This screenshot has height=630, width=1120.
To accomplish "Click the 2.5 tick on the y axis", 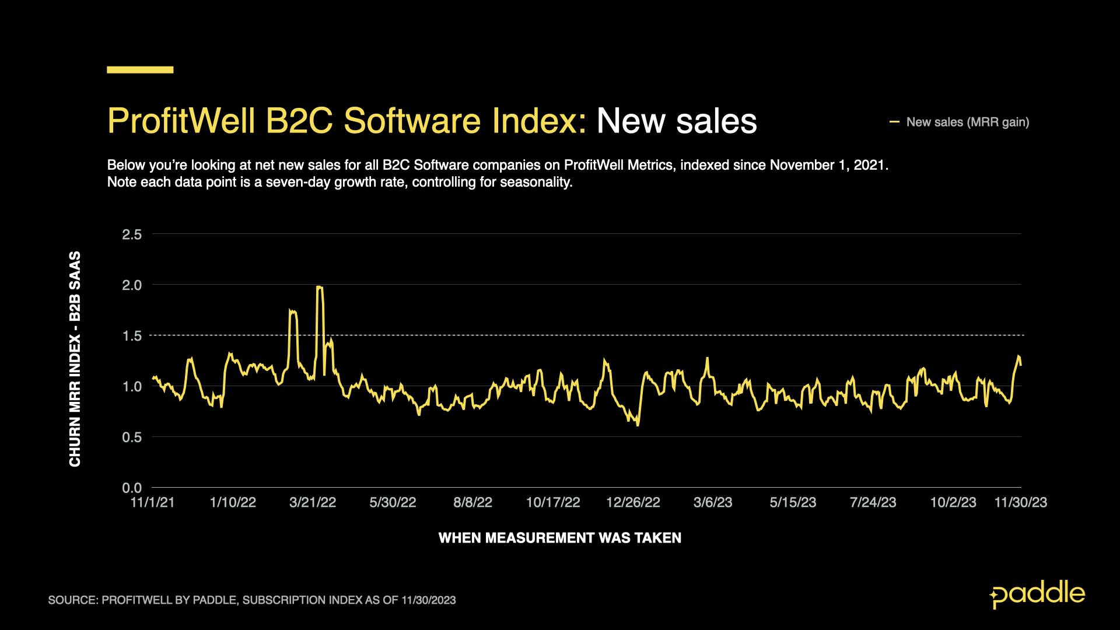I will pos(132,235).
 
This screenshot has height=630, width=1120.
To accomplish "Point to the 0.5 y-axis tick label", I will pos(132,437).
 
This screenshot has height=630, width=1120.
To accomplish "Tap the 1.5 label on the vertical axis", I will pos(132,336).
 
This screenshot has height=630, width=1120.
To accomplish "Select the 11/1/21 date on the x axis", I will pos(152,503).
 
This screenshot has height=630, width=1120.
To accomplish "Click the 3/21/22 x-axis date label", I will pos(313,503).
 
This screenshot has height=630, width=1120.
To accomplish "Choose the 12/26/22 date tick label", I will pos(633,503).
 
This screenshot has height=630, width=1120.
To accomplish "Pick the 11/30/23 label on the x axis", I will pos(1020,503).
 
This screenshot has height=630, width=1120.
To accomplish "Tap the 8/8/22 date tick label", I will pos(473,503).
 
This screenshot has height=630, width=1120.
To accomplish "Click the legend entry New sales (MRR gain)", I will pos(967,123).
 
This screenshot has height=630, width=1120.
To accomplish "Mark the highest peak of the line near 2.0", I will pos(319,286).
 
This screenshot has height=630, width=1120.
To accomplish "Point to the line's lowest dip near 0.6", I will pos(638,425).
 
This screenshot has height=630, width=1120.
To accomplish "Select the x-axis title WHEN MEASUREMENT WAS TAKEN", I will pos(559,538).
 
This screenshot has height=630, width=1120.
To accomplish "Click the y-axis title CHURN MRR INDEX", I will pos(75,359).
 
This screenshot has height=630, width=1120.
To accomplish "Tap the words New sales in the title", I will pos(677,121).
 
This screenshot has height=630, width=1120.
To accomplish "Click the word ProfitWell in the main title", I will pos(181,121).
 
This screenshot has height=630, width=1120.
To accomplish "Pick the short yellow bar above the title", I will pos(140,70).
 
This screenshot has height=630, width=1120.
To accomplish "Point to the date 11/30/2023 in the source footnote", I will pos(428,600).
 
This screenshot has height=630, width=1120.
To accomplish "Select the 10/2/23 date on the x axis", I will pos(953,503).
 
